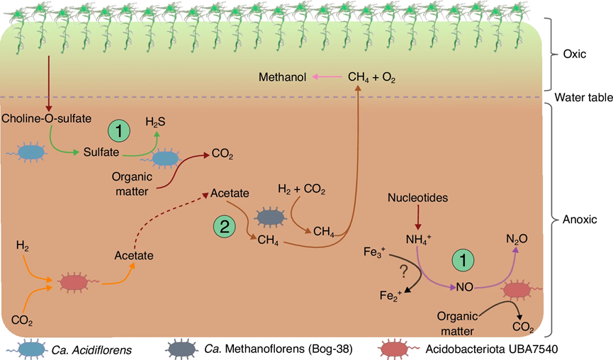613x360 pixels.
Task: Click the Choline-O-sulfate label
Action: pos(47,118)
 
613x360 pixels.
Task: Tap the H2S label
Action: pos(156,123)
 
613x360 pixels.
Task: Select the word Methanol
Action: pos(282,77)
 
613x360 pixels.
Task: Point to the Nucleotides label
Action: pos(418,198)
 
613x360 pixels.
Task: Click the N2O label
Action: pos(517,239)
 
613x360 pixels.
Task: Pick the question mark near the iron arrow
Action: pos(404,271)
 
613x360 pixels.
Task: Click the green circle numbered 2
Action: pos(225,227)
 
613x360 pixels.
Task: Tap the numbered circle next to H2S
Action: pos(119,131)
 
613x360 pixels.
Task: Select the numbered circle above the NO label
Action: pos(463,260)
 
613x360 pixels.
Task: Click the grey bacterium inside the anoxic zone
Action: pos(270,218)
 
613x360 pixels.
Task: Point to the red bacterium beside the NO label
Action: pos(518,290)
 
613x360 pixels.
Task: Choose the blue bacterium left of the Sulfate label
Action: pos(30,152)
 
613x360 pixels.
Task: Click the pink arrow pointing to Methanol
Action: pos(327,77)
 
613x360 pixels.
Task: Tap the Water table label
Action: pos(584,97)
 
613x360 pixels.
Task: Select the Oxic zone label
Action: pos(574,54)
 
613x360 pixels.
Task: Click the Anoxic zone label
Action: pos(580,219)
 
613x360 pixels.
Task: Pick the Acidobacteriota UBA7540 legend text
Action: pos(491,349)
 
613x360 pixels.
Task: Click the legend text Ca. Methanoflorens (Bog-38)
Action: pos(279,349)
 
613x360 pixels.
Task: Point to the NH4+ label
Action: pos(418,239)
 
